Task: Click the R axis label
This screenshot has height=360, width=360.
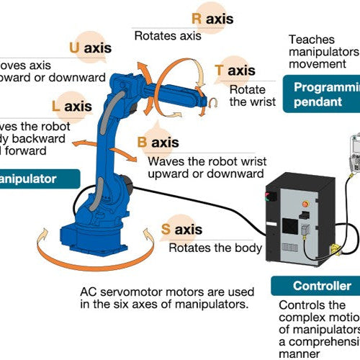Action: tap(212, 19)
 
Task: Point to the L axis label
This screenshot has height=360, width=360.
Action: tap(72, 107)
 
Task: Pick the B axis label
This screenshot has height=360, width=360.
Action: tap(158, 142)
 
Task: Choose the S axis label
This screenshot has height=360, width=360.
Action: tap(181, 230)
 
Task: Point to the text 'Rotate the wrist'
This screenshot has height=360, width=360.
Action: tap(252, 95)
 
